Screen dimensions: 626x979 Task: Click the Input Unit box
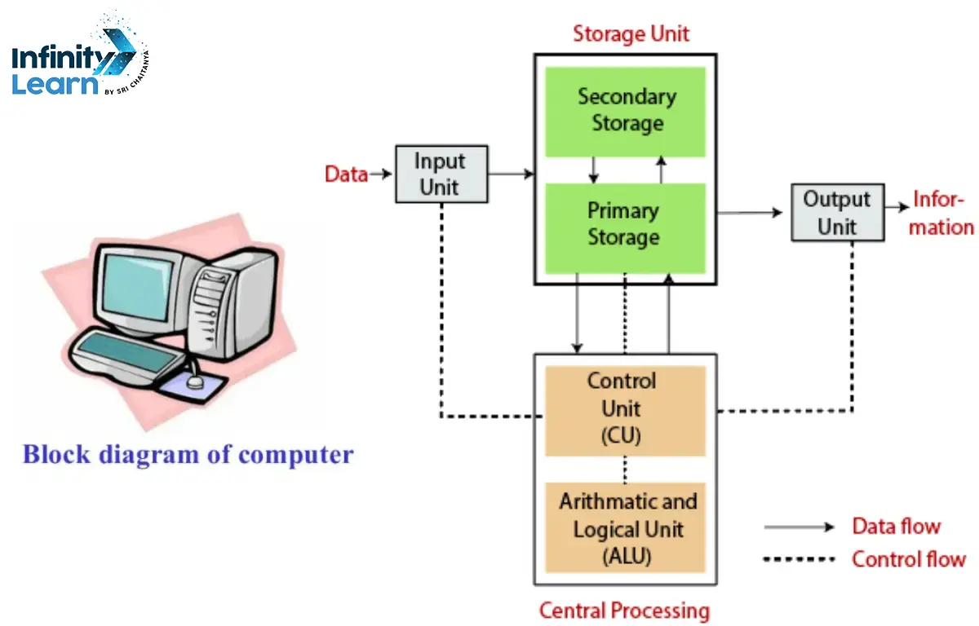[x=441, y=174]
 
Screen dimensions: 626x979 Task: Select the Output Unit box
[x=837, y=212]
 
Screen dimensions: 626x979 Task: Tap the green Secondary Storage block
[x=625, y=111]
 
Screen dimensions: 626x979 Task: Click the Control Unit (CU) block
[x=625, y=409]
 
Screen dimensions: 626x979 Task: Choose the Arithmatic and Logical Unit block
[x=625, y=528]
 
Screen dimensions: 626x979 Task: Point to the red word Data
[x=346, y=174]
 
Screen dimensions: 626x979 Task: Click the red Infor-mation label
[x=941, y=214]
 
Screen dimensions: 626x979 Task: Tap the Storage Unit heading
[x=631, y=34]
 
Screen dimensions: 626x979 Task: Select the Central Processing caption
[x=624, y=611]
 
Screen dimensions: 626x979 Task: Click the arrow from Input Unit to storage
[x=511, y=174]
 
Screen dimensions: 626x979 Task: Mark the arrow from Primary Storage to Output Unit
[x=749, y=213]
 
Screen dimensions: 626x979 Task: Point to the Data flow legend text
[x=896, y=527]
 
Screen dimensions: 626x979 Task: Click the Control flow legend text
[x=908, y=559]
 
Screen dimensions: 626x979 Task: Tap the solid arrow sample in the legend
[x=799, y=527]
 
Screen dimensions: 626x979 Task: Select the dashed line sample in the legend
[x=799, y=560]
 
